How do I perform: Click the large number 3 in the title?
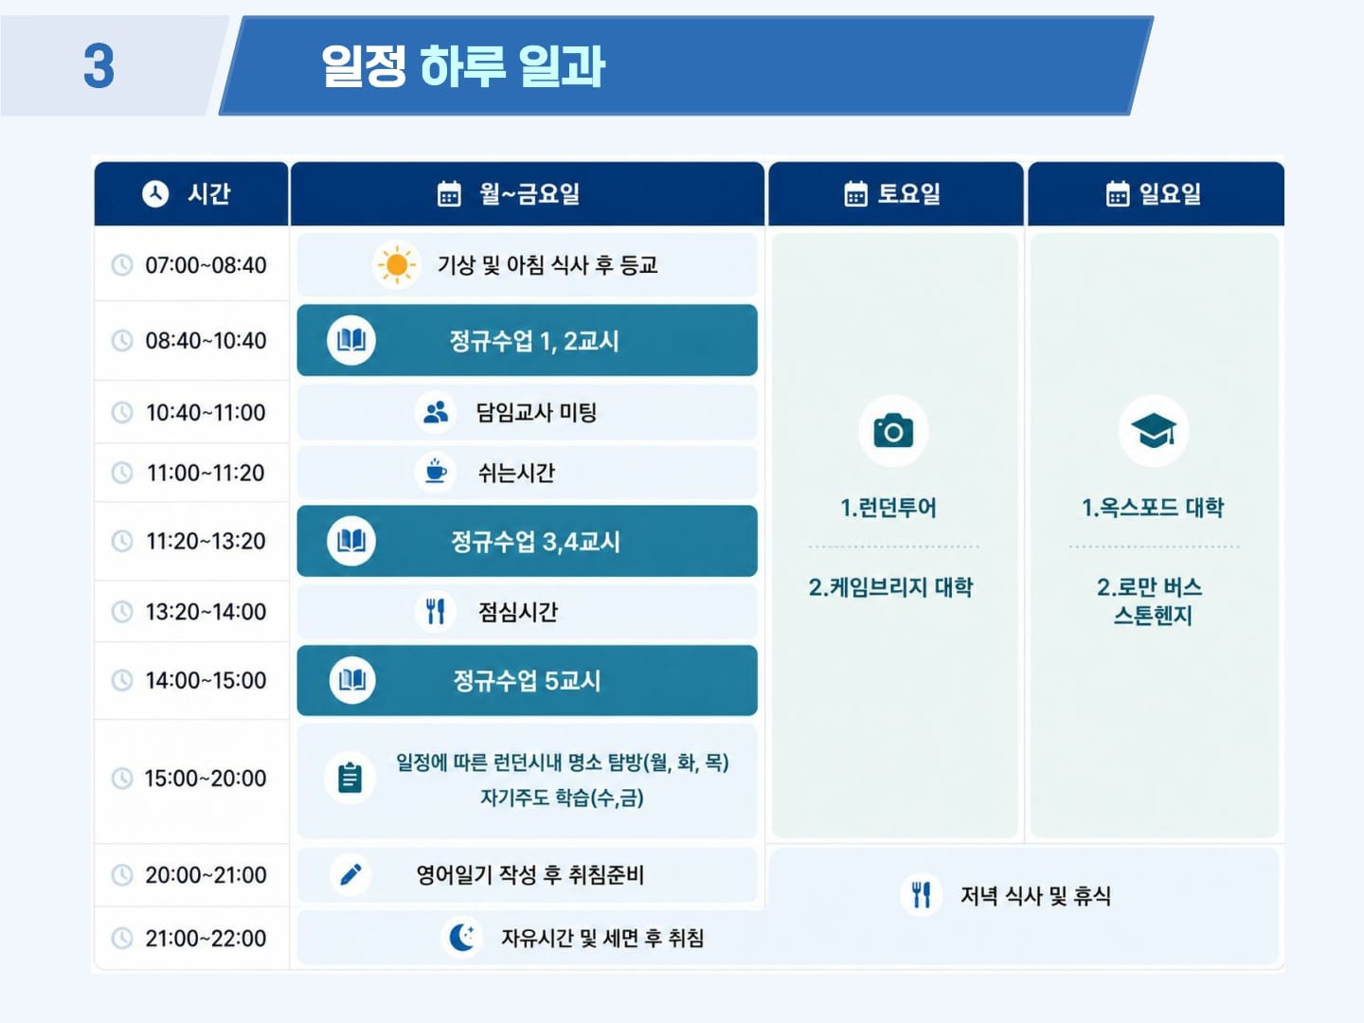99,66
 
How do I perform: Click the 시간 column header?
191,194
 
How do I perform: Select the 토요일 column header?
895,194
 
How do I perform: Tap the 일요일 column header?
1156,194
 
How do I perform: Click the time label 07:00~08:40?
206,265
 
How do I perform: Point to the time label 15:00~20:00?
206,779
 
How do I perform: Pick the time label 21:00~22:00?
206,938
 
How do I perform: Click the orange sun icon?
397,265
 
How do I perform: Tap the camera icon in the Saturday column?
893,431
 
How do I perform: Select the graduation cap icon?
1154,430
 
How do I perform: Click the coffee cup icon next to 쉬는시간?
436,472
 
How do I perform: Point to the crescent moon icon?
462,938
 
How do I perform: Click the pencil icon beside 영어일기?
351,874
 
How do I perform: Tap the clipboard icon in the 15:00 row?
350,778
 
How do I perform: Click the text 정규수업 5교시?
527,681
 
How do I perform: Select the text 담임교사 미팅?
536,412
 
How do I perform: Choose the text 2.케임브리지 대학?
891,587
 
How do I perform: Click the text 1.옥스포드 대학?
1154,508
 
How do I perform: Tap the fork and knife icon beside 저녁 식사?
922,895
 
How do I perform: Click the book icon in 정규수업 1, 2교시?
351,340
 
